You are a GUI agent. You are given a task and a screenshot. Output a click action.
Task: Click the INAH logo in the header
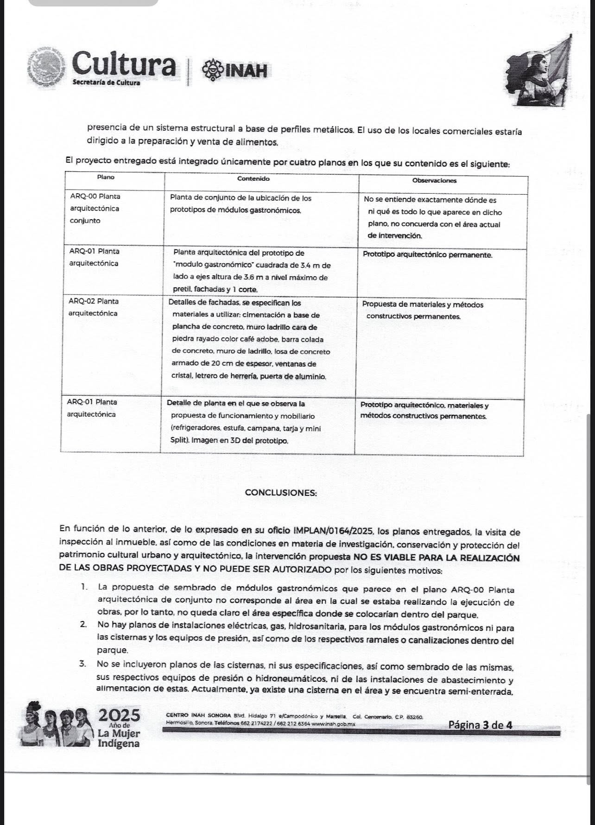234,70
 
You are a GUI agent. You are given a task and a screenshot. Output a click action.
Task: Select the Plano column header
106,177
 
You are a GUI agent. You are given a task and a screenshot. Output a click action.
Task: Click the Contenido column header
253,178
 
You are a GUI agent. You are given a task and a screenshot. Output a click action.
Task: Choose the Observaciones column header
434,180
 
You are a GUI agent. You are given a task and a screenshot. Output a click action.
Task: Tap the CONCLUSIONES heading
281,493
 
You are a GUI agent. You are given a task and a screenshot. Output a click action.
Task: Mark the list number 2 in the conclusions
83,625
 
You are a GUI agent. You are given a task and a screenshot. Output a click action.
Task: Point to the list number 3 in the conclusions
83,665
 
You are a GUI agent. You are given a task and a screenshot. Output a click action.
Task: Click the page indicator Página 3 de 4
480,725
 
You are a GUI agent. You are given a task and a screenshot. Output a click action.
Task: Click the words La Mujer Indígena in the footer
119,739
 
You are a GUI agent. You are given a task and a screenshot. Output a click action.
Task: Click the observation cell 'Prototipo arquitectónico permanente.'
427,255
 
